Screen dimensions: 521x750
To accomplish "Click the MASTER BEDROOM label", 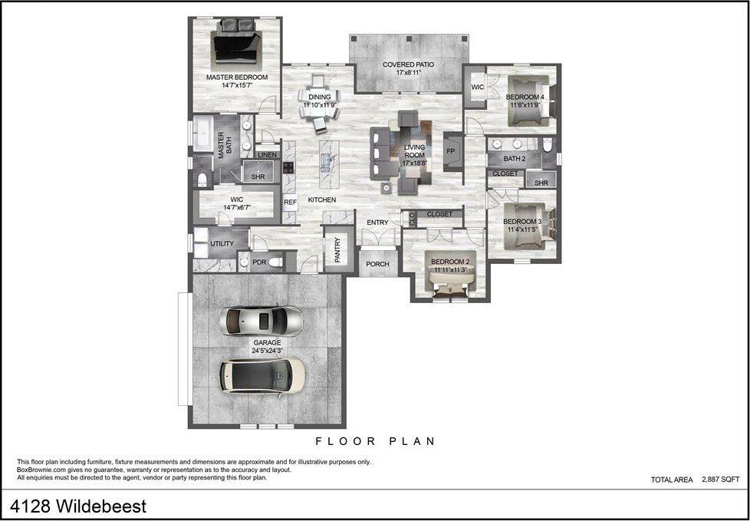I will [x=236, y=77].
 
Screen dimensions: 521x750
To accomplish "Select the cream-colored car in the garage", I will [x=262, y=375].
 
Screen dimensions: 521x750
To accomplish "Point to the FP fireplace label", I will [x=451, y=151].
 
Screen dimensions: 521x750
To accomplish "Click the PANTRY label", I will [x=337, y=249].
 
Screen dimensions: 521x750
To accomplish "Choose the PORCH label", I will [x=377, y=264].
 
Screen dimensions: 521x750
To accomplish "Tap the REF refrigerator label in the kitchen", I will [x=290, y=203].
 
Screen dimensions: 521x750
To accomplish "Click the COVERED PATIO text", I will [x=408, y=64].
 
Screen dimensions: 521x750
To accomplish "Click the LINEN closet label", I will [x=267, y=155].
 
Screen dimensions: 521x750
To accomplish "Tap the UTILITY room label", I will [x=222, y=244].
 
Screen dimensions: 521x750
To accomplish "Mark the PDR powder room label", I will [x=259, y=262].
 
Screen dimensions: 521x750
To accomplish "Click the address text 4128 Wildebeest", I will [x=78, y=506].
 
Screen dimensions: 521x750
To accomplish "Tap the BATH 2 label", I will [x=515, y=159].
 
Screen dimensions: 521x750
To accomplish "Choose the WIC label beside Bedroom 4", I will [x=477, y=87].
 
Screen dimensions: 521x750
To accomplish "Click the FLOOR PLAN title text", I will [x=376, y=441].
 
